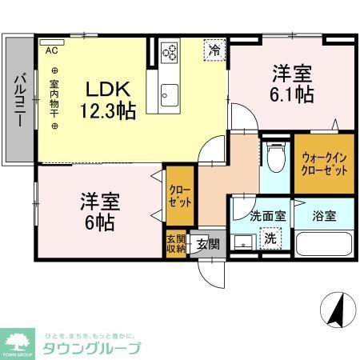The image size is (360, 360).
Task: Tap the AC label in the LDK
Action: coord(51,50)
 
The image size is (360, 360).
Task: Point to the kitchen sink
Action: coord(170,93)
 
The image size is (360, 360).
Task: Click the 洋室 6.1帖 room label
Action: coord(291,82)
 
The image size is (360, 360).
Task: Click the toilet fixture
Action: coord(276,158)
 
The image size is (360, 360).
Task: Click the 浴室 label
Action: coord(324,215)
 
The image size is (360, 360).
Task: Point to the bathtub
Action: coord(324,244)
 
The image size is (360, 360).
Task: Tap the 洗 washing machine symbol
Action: coord(270,238)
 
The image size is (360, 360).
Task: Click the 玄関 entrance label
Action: coord(208,244)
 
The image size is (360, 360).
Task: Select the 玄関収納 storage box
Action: coord(175,242)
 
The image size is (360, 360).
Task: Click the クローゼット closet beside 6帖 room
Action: coord(178,196)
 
